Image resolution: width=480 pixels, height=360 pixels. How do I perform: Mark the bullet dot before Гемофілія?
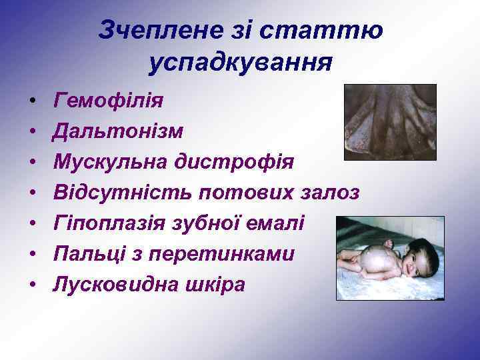32,101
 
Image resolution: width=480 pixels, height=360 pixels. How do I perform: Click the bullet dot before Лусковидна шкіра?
32,285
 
